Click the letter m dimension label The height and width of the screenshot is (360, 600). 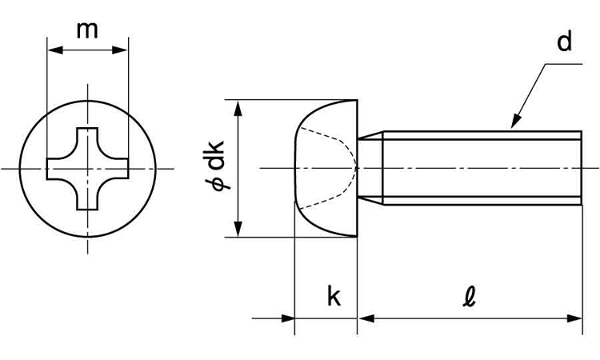pyautogui.click(x=87, y=30)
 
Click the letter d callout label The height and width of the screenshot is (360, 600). pyautogui.click(x=565, y=42)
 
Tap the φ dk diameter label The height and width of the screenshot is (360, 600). pyautogui.click(x=215, y=169)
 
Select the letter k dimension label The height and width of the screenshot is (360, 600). pyautogui.click(x=334, y=297)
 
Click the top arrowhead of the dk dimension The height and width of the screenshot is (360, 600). pyautogui.click(x=238, y=106)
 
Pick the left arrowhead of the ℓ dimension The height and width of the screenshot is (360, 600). pyautogui.click(x=365, y=318)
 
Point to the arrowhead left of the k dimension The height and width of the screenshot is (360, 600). pyautogui.click(x=287, y=318)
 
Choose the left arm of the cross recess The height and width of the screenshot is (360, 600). pyautogui.click(x=56, y=169)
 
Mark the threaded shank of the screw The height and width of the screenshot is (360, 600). pyautogui.click(x=480, y=169)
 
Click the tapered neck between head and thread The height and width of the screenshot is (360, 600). pyautogui.click(x=369, y=169)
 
